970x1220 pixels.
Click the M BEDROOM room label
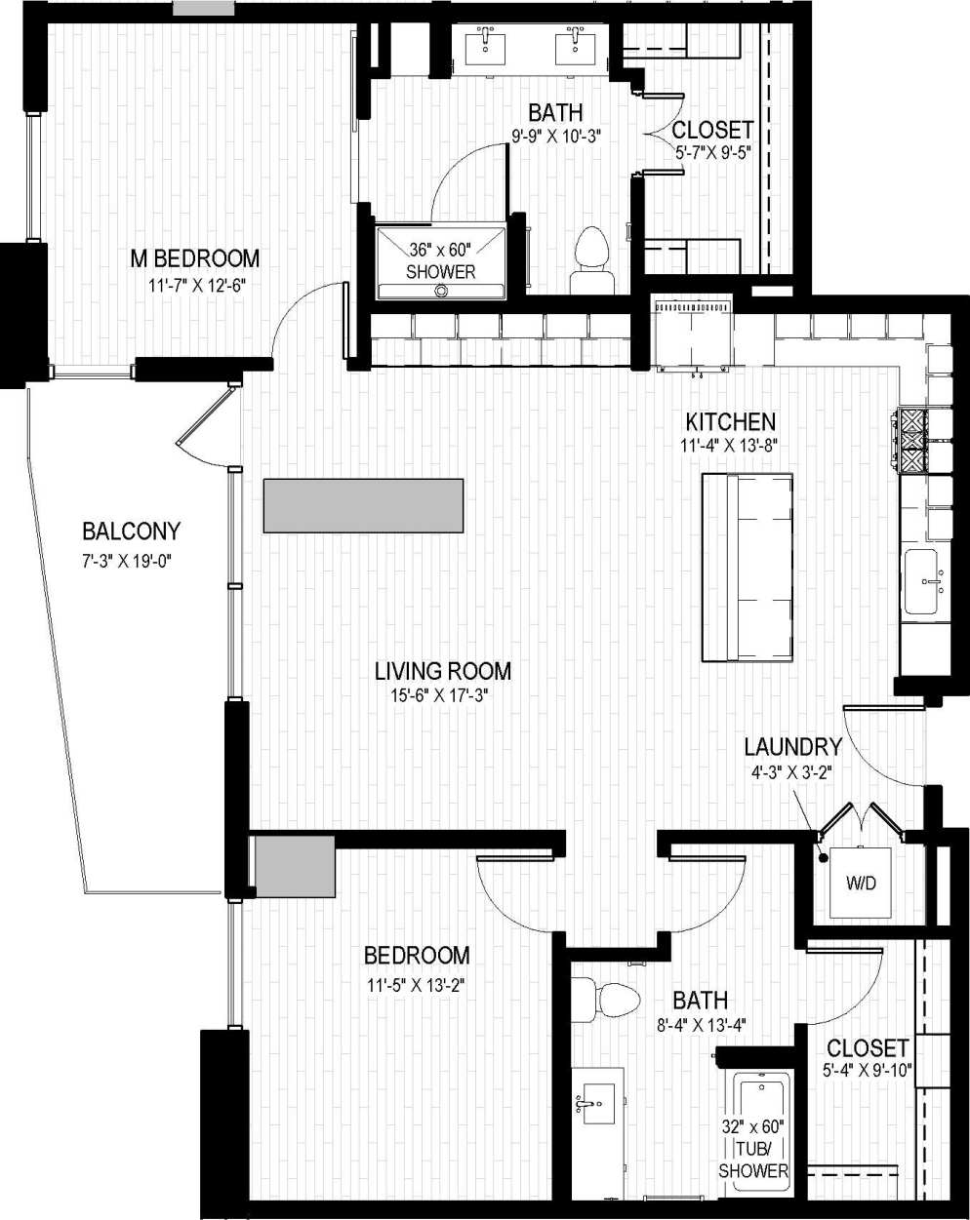(x=195, y=258)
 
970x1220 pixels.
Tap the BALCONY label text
(x=131, y=531)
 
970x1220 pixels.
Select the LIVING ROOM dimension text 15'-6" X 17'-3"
(x=443, y=696)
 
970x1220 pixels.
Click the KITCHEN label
(x=730, y=421)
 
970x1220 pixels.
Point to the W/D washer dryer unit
(x=861, y=884)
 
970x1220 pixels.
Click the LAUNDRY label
(x=792, y=747)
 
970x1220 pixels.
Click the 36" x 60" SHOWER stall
(x=441, y=261)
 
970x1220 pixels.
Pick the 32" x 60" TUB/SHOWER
(x=752, y=1131)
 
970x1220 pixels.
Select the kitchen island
(x=748, y=568)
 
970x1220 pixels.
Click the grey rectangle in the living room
(x=363, y=505)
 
